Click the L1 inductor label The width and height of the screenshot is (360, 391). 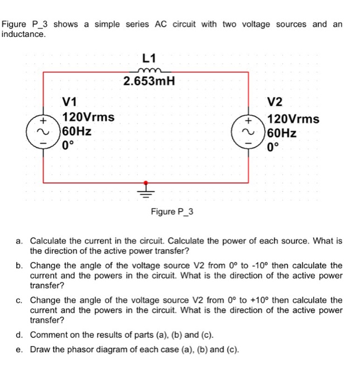(x=149, y=58)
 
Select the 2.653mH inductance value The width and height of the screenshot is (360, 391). (x=149, y=83)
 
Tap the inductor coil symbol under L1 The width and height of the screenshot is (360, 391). (x=148, y=70)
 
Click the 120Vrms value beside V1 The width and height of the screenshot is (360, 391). (x=89, y=117)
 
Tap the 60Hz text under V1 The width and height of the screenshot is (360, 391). (x=78, y=132)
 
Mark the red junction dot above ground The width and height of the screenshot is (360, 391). (x=147, y=183)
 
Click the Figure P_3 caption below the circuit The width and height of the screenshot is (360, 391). (x=172, y=212)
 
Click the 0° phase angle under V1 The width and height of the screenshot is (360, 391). (x=69, y=147)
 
